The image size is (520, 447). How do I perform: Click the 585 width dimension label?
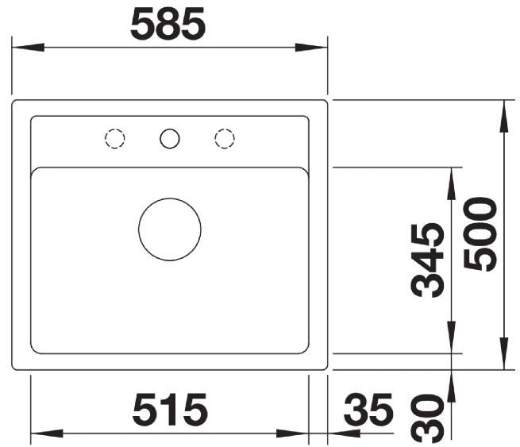(168, 24)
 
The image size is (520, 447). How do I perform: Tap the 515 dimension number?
(170, 410)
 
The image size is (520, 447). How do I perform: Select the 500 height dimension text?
(480, 234)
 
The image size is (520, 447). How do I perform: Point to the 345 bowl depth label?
(427, 260)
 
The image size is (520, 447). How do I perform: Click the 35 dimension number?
(368, 410)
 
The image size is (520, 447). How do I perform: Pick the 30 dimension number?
(427, 418)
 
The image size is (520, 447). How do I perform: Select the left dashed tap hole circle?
(115, 138)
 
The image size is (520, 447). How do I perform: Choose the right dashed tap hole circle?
(225, 138)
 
